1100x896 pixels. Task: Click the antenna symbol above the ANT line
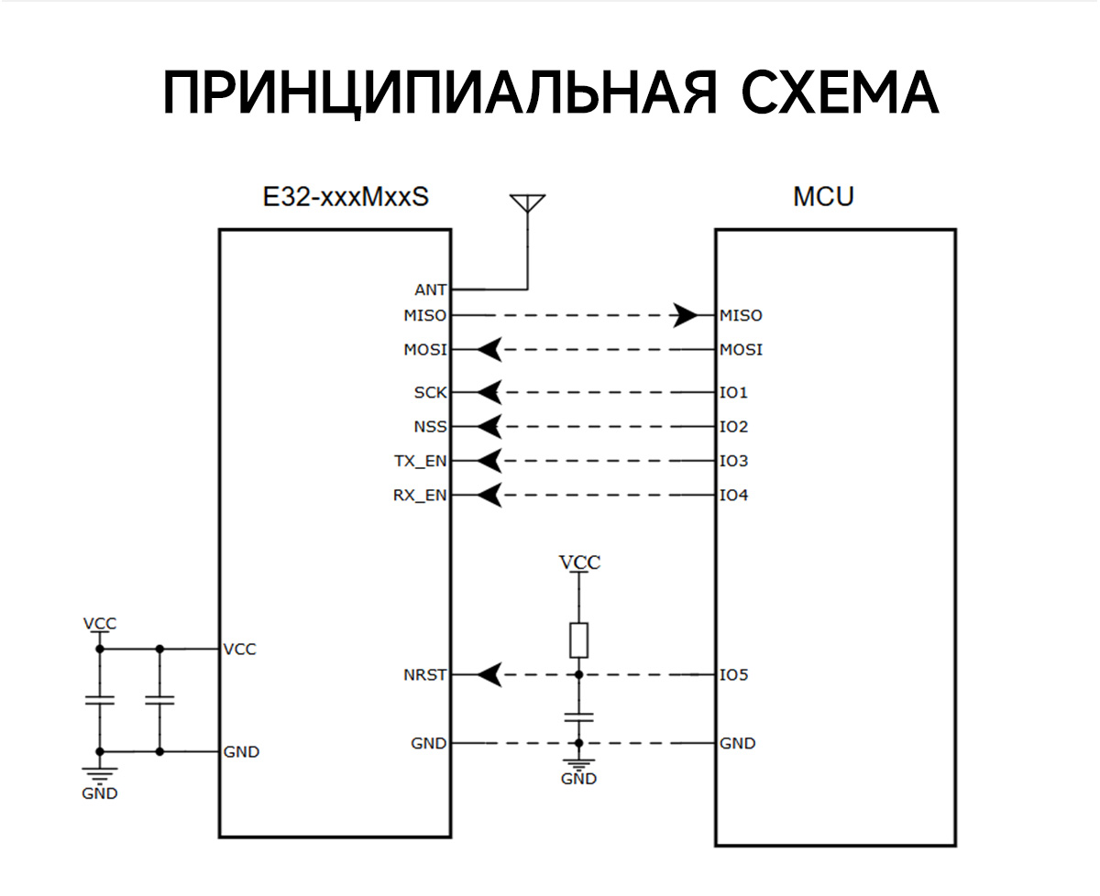[527, 203]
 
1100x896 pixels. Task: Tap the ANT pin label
[431, 290]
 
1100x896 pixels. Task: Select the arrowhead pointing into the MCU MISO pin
[684, 315]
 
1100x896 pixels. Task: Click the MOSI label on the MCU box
[741, 350]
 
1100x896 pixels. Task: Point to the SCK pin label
[431, 393]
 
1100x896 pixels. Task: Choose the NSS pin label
[431, 427]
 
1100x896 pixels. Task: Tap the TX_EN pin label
[421, 462]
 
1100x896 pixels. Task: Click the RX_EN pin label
[421, 497]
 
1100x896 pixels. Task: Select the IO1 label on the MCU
[734, 393]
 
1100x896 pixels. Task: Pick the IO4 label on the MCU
[734, 497]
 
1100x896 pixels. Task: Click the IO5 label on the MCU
[734, 675]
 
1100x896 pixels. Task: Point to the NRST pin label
[425, 675]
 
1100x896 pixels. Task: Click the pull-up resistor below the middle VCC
[578, 639]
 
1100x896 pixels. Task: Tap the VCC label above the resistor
[579, 563]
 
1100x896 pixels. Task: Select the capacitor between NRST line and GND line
[578, 716]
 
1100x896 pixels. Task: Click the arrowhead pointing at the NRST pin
[489, 675]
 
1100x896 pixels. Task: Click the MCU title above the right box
[823, 197]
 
